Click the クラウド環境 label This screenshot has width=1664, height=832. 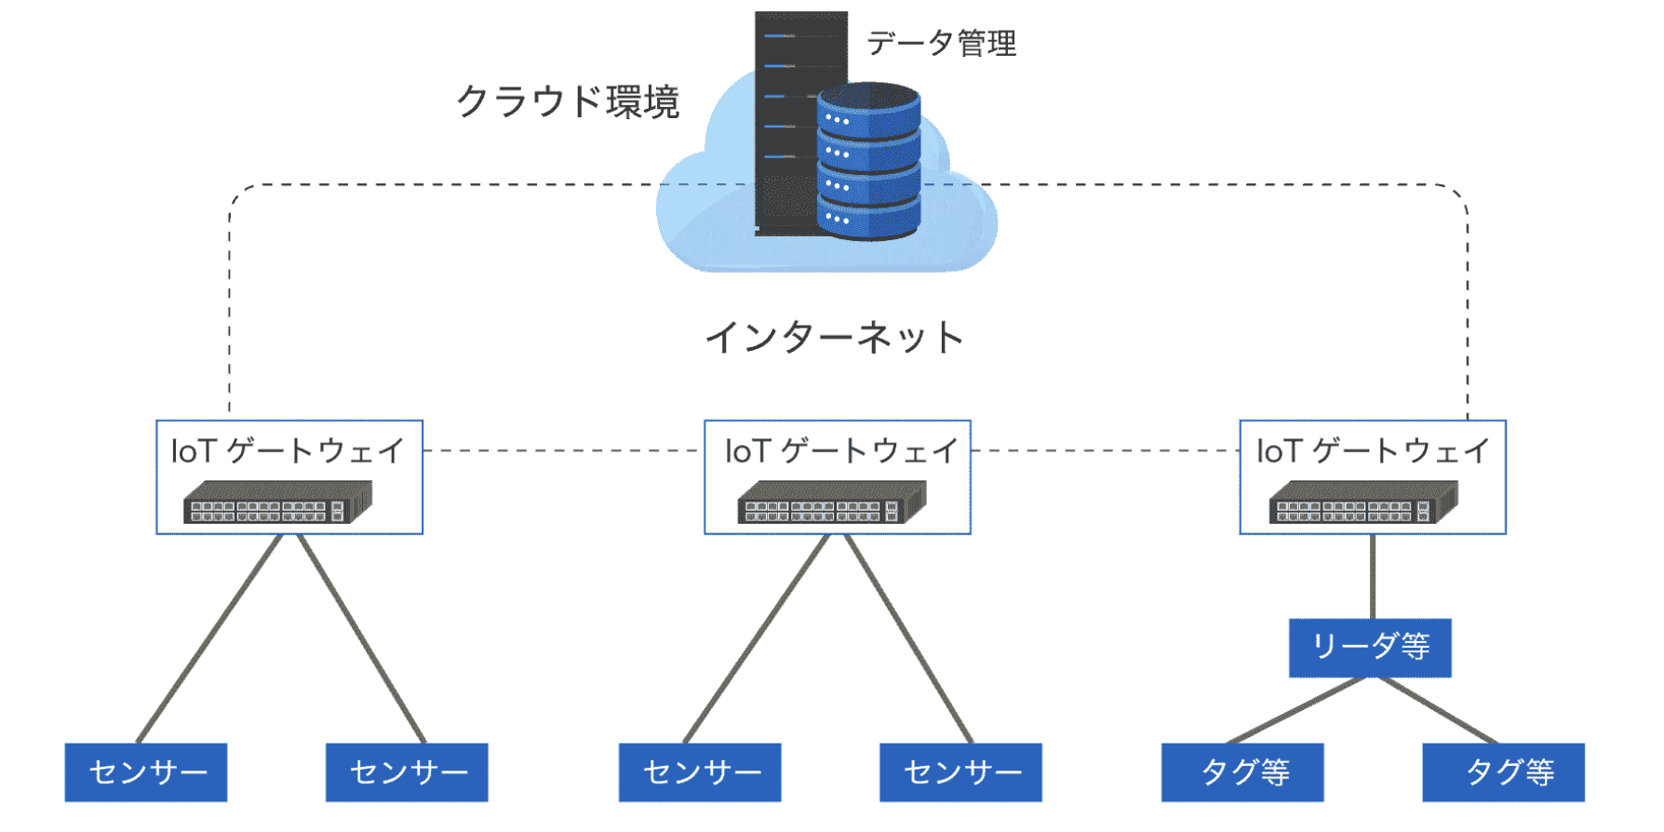(x=568, y=101)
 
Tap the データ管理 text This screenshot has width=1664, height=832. (x=941, y=43)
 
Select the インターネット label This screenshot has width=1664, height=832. (x=834, y=337)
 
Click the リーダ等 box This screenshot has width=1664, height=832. (x=1369, y=647)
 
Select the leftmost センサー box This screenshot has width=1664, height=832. (x=146, y=772)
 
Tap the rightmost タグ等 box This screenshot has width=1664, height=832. (x=1502, y=772)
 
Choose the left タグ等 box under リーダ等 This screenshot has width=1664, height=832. (x=1241, y=772)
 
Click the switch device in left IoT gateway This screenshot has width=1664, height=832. (x=277, y=503)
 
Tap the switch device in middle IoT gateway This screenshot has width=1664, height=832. (x=832, y=503)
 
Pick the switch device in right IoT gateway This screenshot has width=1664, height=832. (x=1363, y=503)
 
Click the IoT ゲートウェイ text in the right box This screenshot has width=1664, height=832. (x=1373, y=451)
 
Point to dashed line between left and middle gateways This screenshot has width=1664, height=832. (x=563, y=450)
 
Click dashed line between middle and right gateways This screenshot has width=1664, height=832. (x=1105, y=450)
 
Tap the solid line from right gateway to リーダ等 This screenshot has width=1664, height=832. (x=1373, y=577)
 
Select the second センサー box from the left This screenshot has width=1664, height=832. (x=407, y=772)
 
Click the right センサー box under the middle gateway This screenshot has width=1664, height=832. (x=960, y=772)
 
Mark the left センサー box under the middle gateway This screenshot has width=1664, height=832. (x=700, y=772)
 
